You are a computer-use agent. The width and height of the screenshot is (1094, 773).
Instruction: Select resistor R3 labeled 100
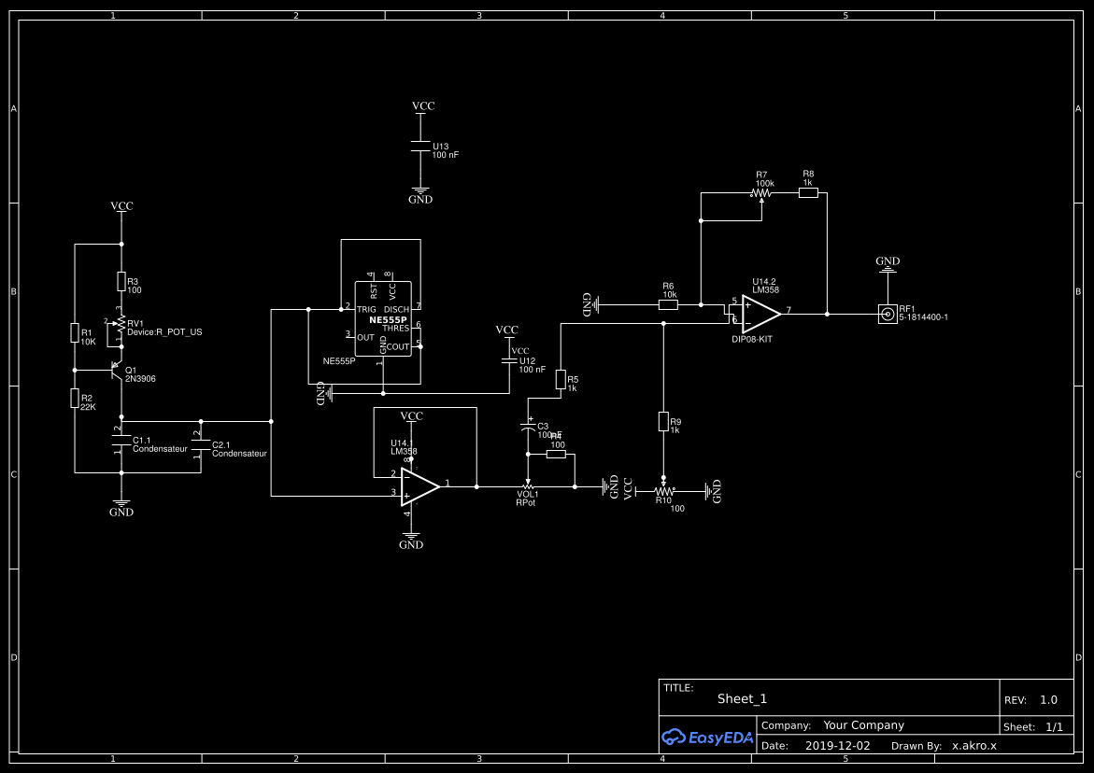coord(121,281)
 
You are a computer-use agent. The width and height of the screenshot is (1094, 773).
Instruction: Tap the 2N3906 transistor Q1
coord(118,371)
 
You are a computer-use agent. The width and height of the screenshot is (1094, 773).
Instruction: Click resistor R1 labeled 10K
coord(74,333)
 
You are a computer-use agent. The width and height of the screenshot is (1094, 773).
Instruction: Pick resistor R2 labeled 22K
coord(74,399)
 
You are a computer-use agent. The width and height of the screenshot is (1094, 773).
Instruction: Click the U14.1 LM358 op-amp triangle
coord(419,485)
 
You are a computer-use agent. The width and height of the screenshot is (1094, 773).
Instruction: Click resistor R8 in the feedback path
coord(808,192)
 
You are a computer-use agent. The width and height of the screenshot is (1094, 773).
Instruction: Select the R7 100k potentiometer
coord(762,193)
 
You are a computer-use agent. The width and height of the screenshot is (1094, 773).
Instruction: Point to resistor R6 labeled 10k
coord(668,304)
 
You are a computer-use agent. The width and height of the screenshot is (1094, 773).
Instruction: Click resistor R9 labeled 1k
coord(663,422)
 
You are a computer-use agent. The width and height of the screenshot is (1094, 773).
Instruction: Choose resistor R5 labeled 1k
coord(560,379)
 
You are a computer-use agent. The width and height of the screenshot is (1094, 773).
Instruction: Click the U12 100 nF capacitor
coord(507,360)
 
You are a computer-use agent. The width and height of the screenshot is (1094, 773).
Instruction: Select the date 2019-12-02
coord(837,746)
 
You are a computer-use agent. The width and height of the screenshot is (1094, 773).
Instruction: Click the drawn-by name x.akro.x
coord(973,746)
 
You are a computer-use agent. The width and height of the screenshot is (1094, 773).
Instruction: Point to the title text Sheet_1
coord(742,698)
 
